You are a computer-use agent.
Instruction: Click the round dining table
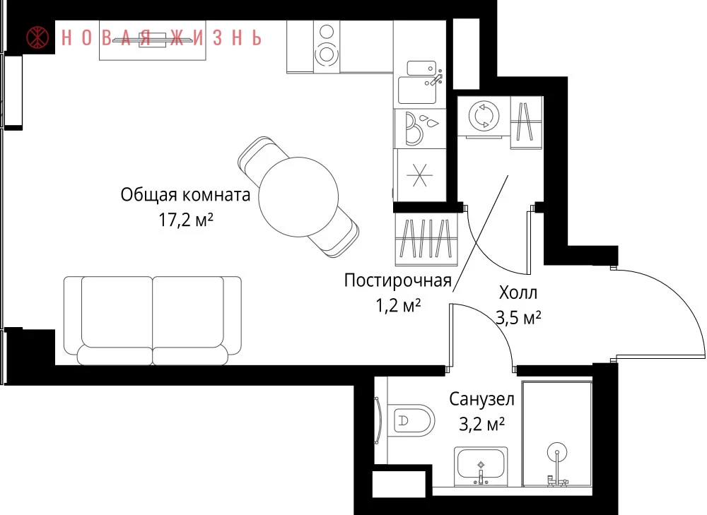point(298,197)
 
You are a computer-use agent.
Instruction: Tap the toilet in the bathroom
point(411,420)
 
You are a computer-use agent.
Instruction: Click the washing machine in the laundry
point(484,117)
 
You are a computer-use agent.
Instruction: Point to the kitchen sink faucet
point(436,79)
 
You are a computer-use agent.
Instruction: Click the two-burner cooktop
point(327,47)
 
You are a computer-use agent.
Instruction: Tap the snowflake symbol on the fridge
point(419,174)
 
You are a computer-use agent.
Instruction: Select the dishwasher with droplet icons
point(420,129)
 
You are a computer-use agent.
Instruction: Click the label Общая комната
point(185,195)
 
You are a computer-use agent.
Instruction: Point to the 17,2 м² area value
point(185,220)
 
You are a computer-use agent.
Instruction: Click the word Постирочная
point(397,280)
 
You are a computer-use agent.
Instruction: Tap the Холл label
point(518,293)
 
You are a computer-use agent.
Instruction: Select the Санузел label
point(481,398)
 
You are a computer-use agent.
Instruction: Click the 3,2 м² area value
point(481,424)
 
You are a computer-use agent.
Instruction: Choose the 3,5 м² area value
point(518,318)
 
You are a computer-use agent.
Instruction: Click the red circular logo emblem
point(38,37)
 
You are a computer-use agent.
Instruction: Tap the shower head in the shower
point(557,452)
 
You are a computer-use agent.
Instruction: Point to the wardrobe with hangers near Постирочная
point(426,239)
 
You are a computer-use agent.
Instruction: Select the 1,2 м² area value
point(398,305)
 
